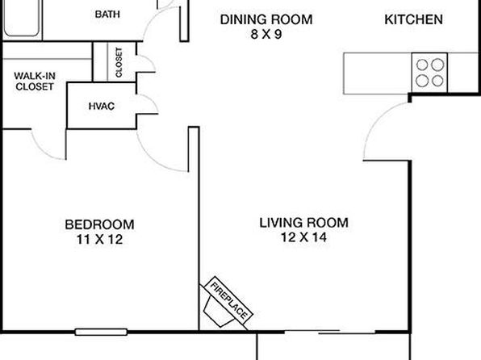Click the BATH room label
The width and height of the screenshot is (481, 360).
tap(107, 14)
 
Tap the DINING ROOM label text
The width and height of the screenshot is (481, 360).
tap(266, 19)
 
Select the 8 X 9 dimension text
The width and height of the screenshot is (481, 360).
tap(266, 35)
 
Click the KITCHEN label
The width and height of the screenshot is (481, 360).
tap(413, 19)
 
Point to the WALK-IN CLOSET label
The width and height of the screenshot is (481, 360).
tap(35, 82)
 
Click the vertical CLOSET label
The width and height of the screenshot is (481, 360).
tap(119, 62)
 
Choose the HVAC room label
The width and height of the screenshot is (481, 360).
tap(102, 107)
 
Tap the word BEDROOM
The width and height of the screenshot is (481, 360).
tap(100, 224)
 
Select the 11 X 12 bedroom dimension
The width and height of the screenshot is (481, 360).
tap(100, 240)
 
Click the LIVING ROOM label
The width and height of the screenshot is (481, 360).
tap(304, 223)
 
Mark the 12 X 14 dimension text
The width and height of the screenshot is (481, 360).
tap(304, 237)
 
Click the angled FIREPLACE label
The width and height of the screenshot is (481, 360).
tap(228, 300)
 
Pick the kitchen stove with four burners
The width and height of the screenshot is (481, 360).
tap(429, 73)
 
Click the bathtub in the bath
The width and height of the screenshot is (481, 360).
tap(22, 18)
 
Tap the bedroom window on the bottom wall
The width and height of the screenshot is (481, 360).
tap(101, 332)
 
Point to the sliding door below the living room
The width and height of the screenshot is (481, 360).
tap(330, 332)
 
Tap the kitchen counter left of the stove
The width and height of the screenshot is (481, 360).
tap(378, 73)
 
